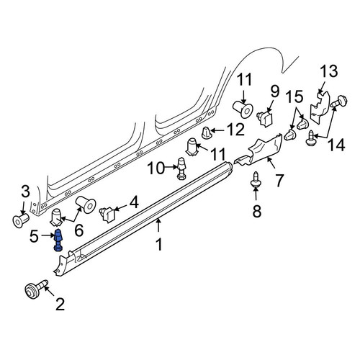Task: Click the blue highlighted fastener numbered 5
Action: pos(58,240)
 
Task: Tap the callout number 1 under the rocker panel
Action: pos(159,244)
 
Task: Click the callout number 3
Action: pos(25,192)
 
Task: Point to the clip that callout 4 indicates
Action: pos(108,214)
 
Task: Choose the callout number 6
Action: pos(79,230)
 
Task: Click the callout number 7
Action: pos(279,181)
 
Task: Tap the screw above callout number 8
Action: pos(256,181)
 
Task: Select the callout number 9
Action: pos(275,91)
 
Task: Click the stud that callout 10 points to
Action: pos(181,168)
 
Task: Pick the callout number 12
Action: pos(236,130)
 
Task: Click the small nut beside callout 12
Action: pos(207,133)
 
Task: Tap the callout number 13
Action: pos(329,71)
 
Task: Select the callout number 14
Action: pos(336,145)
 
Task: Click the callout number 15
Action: pos(295,96)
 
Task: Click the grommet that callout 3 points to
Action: pos(21,219)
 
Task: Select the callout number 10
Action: pos(156,168)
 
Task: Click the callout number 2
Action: pos(60,305)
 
